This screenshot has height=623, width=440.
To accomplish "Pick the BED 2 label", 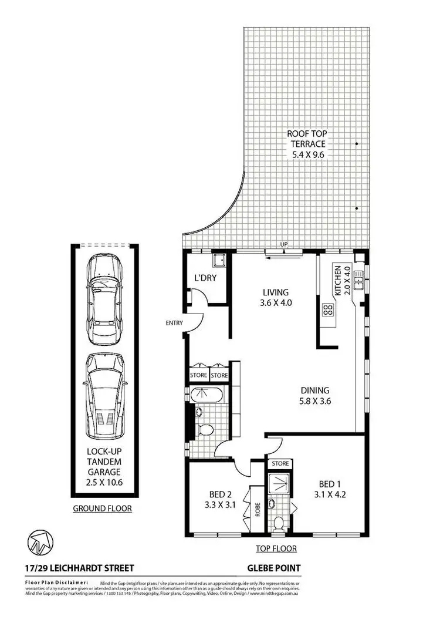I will pos(218,499).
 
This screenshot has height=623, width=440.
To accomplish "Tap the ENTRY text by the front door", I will pos(175,322).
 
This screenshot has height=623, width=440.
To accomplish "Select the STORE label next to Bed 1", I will pos(280,464).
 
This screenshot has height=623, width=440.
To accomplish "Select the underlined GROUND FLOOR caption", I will pos(102,508).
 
